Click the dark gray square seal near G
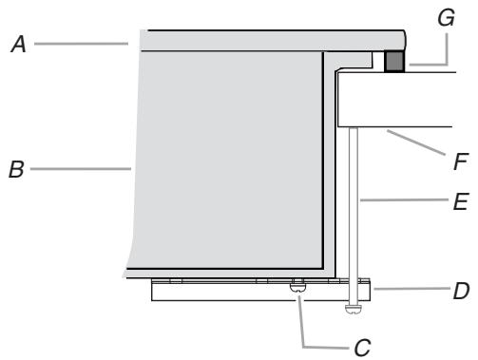tap(393, 62)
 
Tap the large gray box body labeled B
tap(228, 161)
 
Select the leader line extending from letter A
tap(81, 43)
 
